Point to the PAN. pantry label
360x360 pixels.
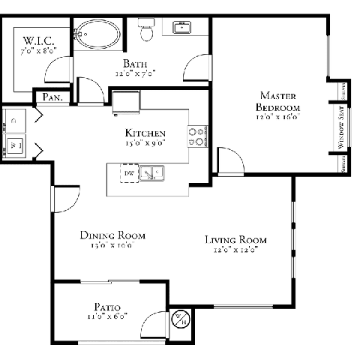click(52, 97)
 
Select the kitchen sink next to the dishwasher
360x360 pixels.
click(154, 175)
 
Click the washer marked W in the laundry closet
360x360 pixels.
click(13, 144)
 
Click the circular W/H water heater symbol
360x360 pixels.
click(181, 319)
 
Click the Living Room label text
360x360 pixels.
click(236, 240)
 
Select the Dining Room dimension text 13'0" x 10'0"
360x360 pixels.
click(112, 245)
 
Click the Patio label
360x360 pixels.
click(108, 307)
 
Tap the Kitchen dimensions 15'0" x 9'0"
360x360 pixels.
click(145, 142)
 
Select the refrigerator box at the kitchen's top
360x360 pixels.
click(126, 103)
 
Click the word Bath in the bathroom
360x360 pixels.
click(135, 64)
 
